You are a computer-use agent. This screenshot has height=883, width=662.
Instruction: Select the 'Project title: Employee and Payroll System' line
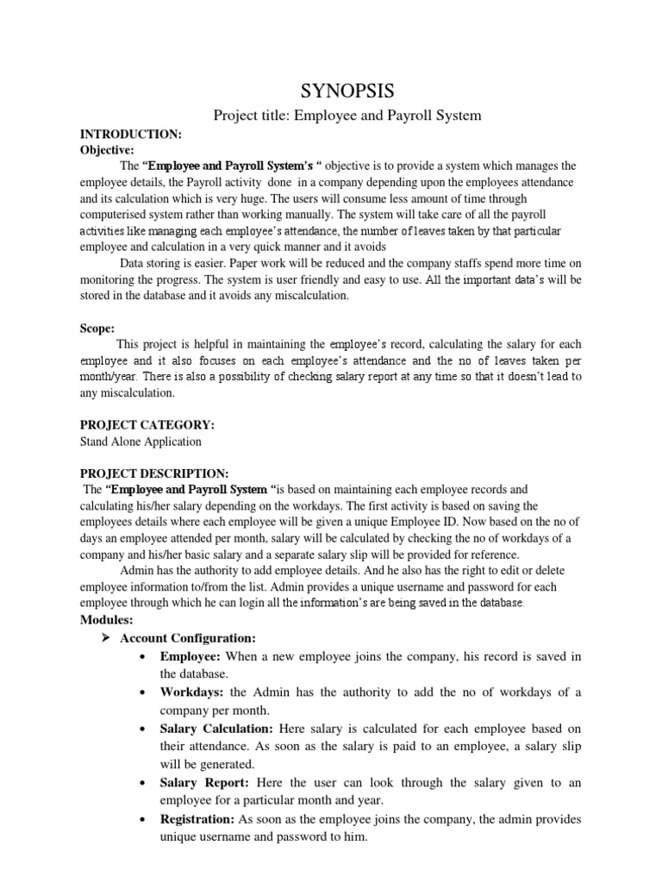coord(334,115)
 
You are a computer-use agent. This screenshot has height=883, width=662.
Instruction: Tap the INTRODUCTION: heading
coord(130,135)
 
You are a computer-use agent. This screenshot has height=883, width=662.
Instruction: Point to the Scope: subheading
coord(97,329)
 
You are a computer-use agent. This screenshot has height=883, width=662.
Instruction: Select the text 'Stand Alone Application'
coord(141,441)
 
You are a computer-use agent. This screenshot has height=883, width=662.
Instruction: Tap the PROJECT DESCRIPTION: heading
coord(154,473)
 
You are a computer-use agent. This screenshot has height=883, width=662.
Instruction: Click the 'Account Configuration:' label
coord(188,638)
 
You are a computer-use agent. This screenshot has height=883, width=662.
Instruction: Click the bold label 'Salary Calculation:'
coord(214,729)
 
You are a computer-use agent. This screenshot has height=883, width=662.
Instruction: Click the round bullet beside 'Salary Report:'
coord(142,783)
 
